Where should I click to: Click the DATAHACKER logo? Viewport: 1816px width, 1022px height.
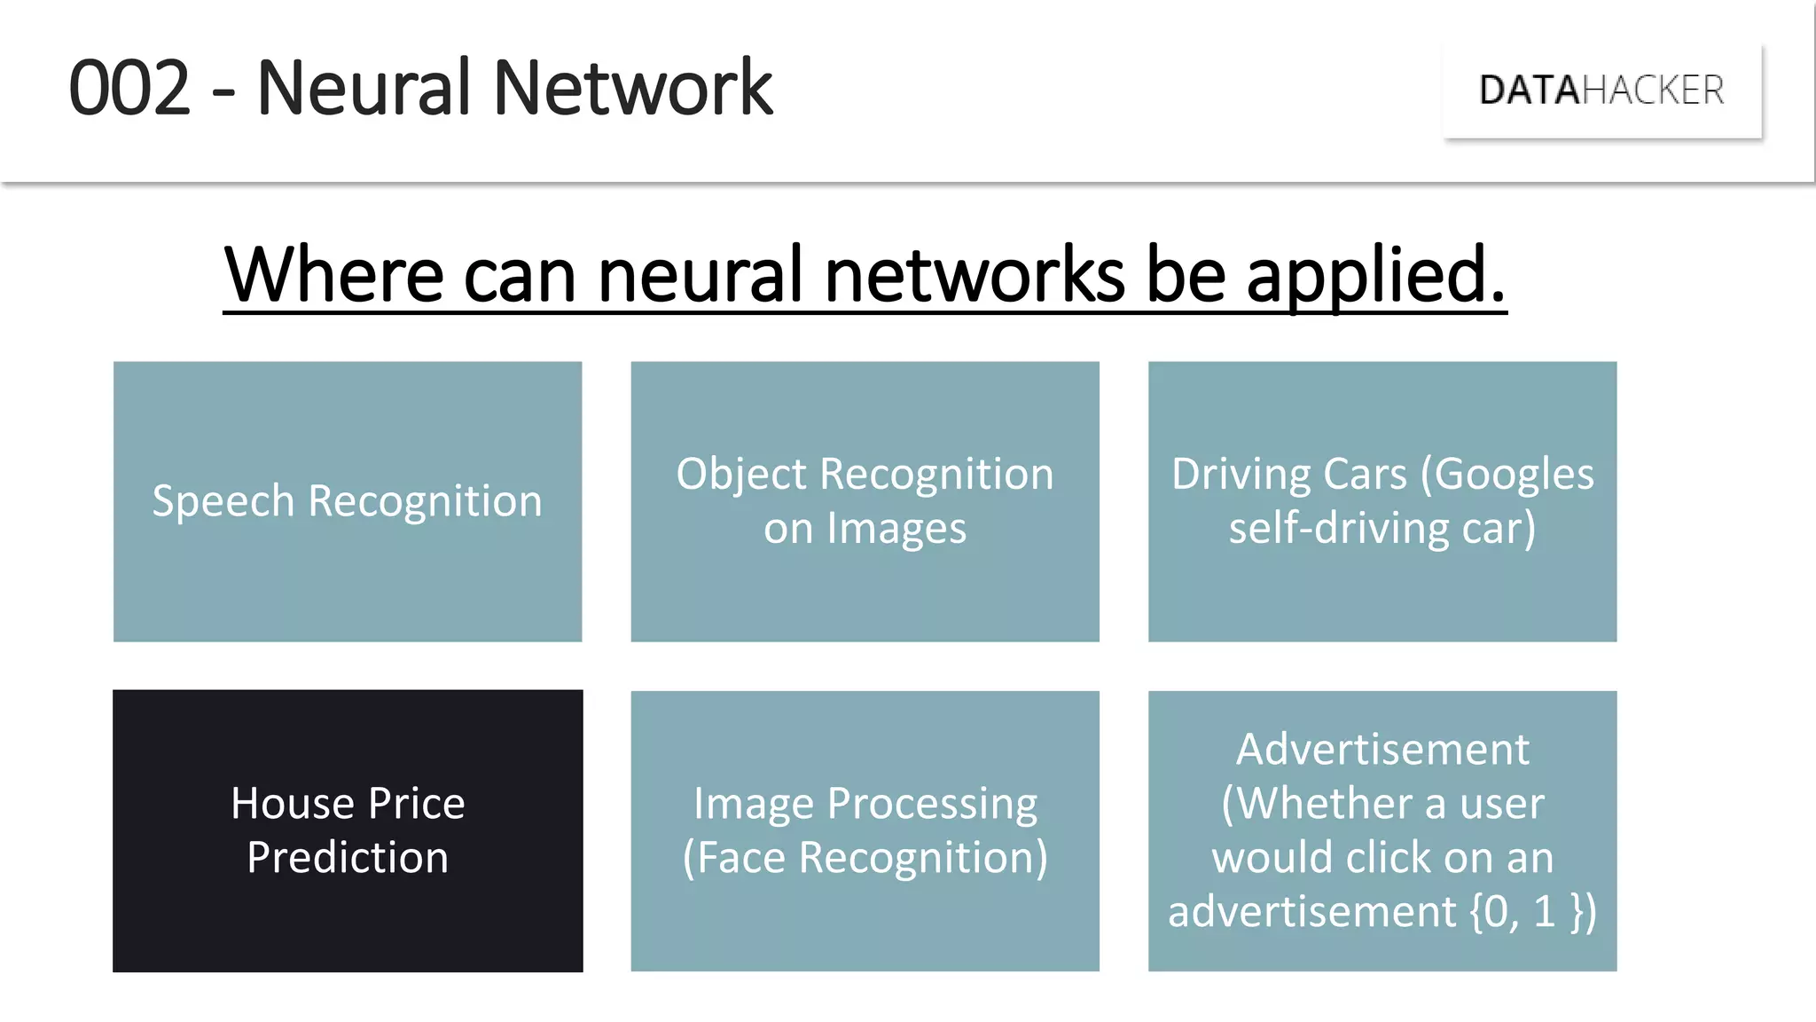(1601, 90)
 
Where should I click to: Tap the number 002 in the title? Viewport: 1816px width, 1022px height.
(129, 88)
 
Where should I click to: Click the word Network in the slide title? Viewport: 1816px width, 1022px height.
(632, 88)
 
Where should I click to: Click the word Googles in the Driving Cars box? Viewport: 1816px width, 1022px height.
(1515, 475)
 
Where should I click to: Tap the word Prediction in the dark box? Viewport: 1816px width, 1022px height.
(348, 858)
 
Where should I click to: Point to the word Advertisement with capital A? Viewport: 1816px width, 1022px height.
(1382, 750)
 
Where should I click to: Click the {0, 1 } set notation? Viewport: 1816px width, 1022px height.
(1533, 912)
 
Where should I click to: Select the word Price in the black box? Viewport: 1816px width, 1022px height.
(416, 804)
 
